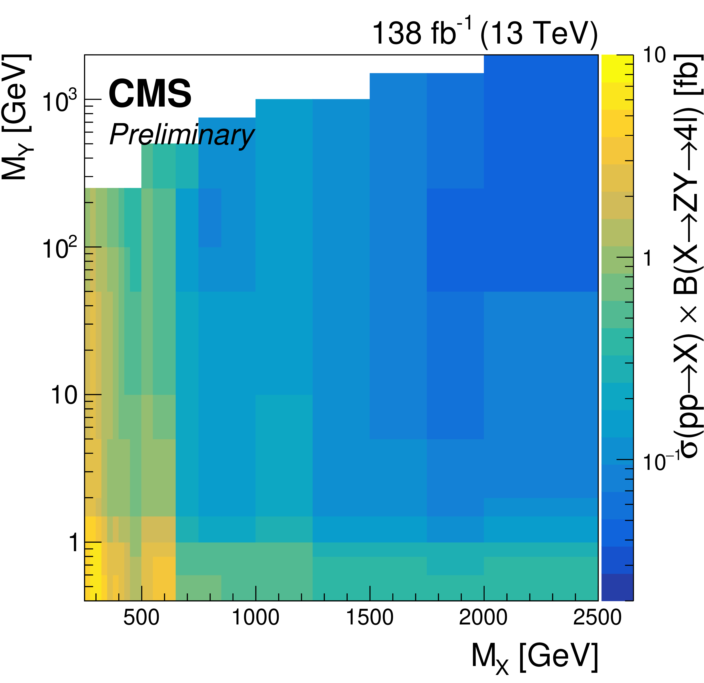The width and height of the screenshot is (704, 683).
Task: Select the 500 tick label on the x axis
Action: pyautogui.click(x=141, y=617)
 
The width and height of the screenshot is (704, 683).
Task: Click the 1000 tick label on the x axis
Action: pyautogui.click(x=255, y=617)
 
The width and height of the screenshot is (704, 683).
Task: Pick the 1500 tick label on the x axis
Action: pyautogui.click(x=370, y=617)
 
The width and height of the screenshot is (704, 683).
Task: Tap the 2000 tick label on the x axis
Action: pyautogui.click(x=483, y=617)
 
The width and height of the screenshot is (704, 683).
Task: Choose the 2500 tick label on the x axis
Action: pyautogui.click(x=597, y=617)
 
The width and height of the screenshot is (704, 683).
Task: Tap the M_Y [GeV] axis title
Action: pyautogui.click(x=16, y=117)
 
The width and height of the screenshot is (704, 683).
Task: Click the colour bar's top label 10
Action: pyautogui.click(x=654, y=56)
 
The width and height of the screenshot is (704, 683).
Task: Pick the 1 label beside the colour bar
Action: pyautogui.click(x=648, y=258)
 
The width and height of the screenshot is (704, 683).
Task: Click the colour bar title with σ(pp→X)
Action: pyautogui.click(x=688, y=257)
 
